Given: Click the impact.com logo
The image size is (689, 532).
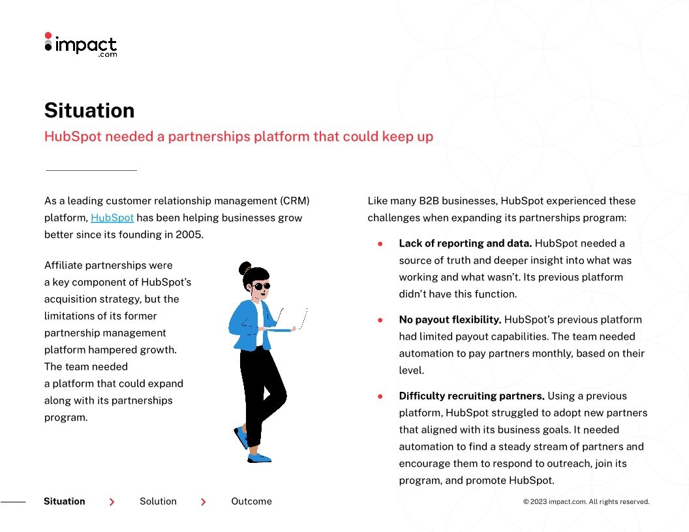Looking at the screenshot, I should (80, 45).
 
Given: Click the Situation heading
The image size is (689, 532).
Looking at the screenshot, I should (89, 110).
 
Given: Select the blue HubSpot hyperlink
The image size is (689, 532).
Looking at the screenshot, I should (112, 218).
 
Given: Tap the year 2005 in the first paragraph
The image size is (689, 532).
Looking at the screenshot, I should (189, 235).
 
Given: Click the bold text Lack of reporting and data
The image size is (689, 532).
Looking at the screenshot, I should (465, 243).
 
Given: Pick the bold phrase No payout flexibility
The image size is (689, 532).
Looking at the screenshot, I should (450, 319).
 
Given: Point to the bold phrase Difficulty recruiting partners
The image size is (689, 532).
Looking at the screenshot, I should (471, 396).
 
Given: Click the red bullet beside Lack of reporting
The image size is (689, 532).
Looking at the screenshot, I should (380, 244).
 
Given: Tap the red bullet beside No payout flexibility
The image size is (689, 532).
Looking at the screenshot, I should (380, 320).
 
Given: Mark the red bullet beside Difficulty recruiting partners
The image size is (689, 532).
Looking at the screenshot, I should (380, 396).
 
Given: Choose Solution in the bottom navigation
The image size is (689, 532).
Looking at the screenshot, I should (158, 501).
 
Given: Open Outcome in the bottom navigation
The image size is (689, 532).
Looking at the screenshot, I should (251, 501).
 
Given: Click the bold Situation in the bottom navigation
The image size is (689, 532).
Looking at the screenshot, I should (65, 501).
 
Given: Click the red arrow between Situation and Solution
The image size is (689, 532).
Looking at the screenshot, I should (112, 502).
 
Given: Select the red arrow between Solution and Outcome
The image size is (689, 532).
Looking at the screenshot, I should (204, 502).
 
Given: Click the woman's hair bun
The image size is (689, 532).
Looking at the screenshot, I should (245, 267).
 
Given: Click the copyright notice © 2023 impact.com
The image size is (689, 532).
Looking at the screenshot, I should (586, 502).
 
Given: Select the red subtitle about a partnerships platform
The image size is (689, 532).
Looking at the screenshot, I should (239, 137).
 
